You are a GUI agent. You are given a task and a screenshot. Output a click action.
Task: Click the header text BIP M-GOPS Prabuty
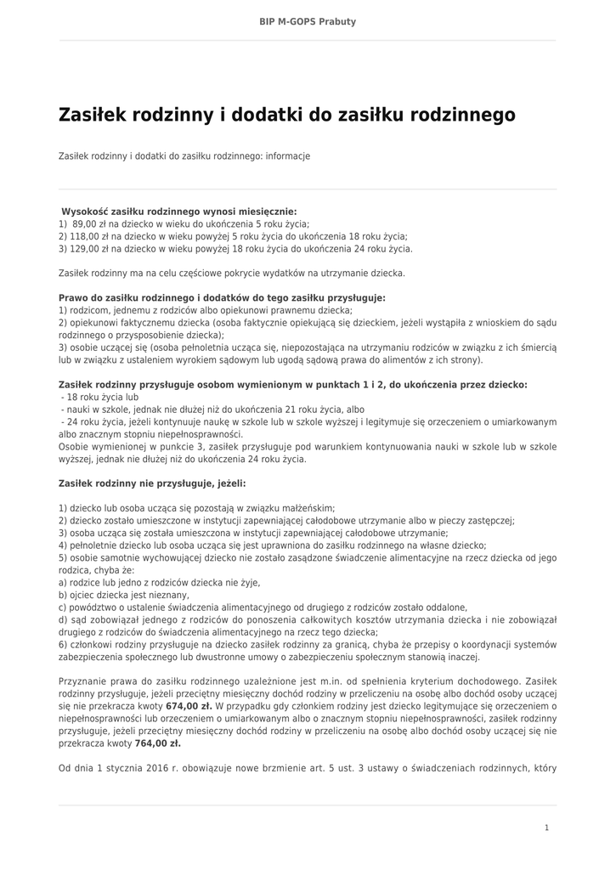coord(308,21)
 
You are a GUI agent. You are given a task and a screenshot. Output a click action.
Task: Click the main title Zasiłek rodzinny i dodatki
coord(286,114)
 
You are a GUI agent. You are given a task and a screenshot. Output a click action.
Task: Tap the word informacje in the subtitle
coord(287,156)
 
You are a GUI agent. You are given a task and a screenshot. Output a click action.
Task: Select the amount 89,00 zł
coord(92,223)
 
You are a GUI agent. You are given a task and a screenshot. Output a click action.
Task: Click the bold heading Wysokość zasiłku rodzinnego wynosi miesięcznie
coord(179,211)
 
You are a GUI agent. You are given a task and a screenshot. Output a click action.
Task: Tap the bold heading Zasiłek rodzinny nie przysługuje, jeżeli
coord(152,483)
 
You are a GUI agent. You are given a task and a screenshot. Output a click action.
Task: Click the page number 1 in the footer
coord(546,828)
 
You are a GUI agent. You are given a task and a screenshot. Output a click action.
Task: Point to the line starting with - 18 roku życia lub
coord(99,397)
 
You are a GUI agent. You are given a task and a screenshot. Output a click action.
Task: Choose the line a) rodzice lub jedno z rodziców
coord(159,583)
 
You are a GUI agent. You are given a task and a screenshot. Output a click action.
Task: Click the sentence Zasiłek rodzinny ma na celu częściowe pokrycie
coord(232,274)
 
